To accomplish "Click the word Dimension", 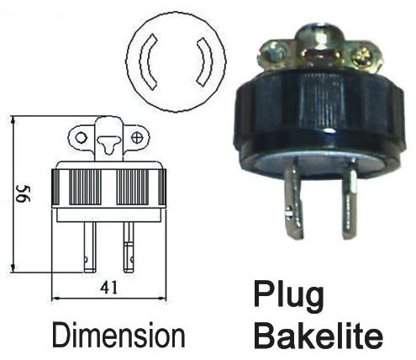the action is [x=118, y=335].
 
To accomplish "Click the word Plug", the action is [x=288, y=296].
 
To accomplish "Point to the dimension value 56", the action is [x=24, y=193].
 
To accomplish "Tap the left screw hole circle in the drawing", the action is [x=81, y=138].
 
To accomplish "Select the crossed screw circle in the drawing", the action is [x=137, y=138].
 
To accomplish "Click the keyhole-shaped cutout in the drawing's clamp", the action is [x=108, y=144].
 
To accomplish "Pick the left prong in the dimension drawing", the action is [x=90, y=247].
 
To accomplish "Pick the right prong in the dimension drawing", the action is [x=129, y=247].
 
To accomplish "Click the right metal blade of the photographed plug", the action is [x=350, y=200].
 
